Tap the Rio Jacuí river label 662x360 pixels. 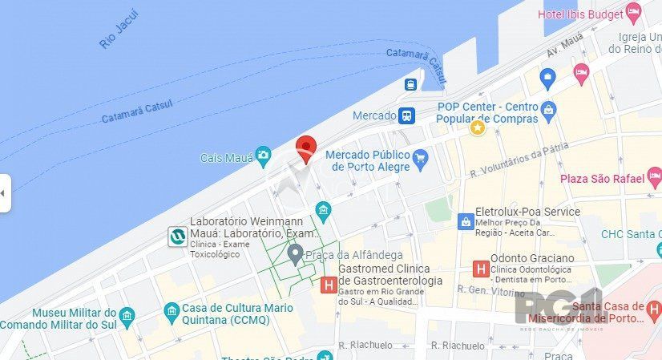[119, 30]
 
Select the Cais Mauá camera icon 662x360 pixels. [263, 156]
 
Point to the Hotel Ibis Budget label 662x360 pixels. [581, 14]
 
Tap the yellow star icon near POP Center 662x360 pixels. [478, 127]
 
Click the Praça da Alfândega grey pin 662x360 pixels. [295, 255]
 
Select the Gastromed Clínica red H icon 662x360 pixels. [328, 285]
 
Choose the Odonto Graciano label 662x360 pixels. [532, 258]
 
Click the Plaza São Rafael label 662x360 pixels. [602, 178]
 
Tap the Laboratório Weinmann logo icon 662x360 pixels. [177, 237]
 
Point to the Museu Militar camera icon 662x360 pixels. [127, 313]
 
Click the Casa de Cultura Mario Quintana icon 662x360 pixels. [171, 310]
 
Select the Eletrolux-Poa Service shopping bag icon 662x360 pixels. [465, 220]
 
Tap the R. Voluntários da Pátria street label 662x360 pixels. [519, 159]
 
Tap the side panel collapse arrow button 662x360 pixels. [5, 193]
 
